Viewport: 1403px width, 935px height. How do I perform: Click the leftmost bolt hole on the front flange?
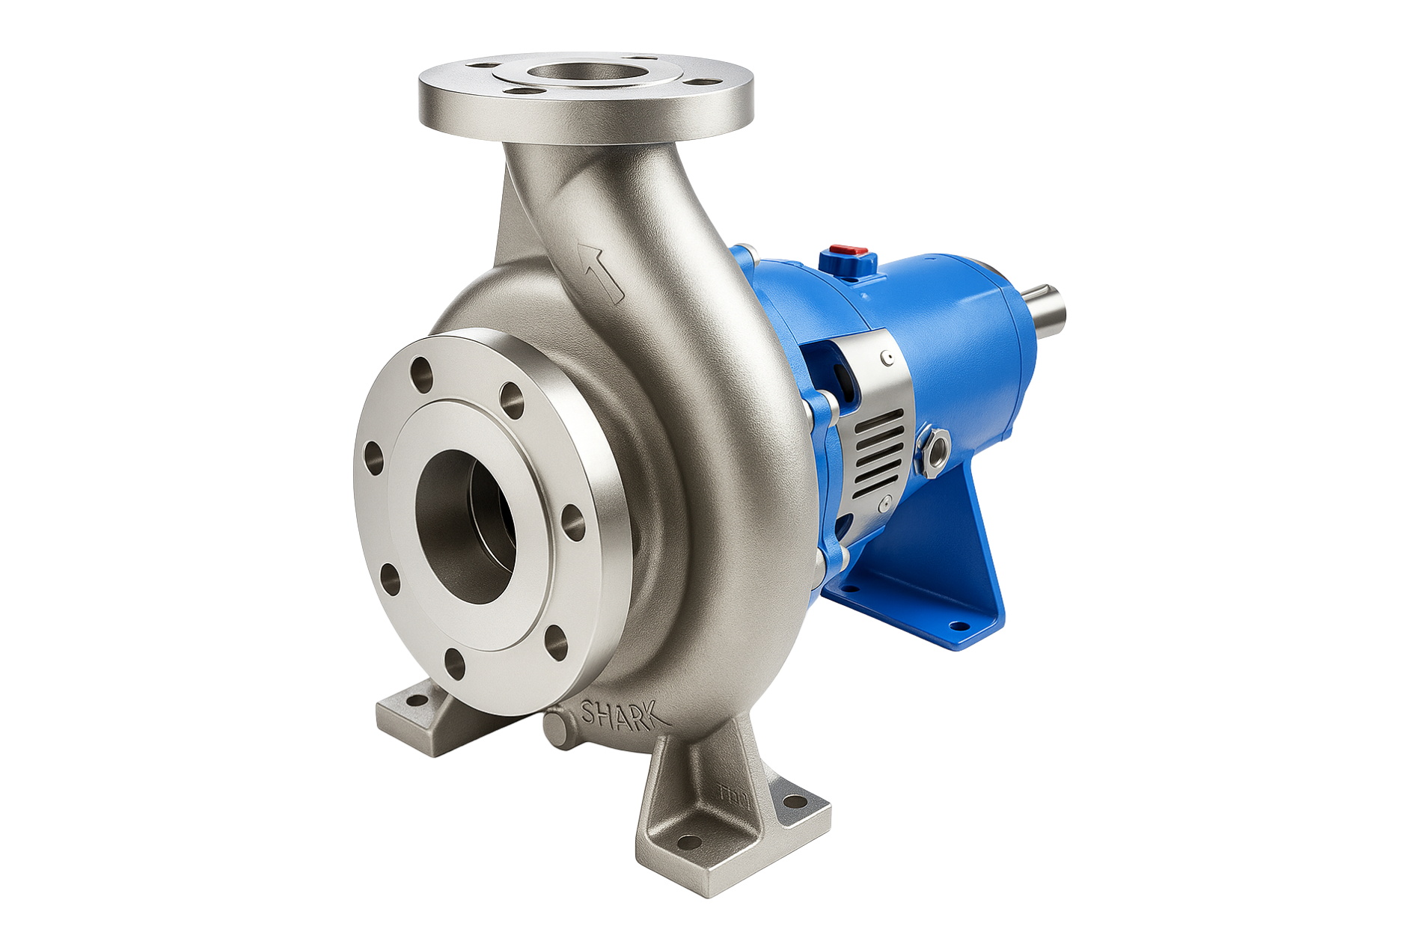coord(371,453)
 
